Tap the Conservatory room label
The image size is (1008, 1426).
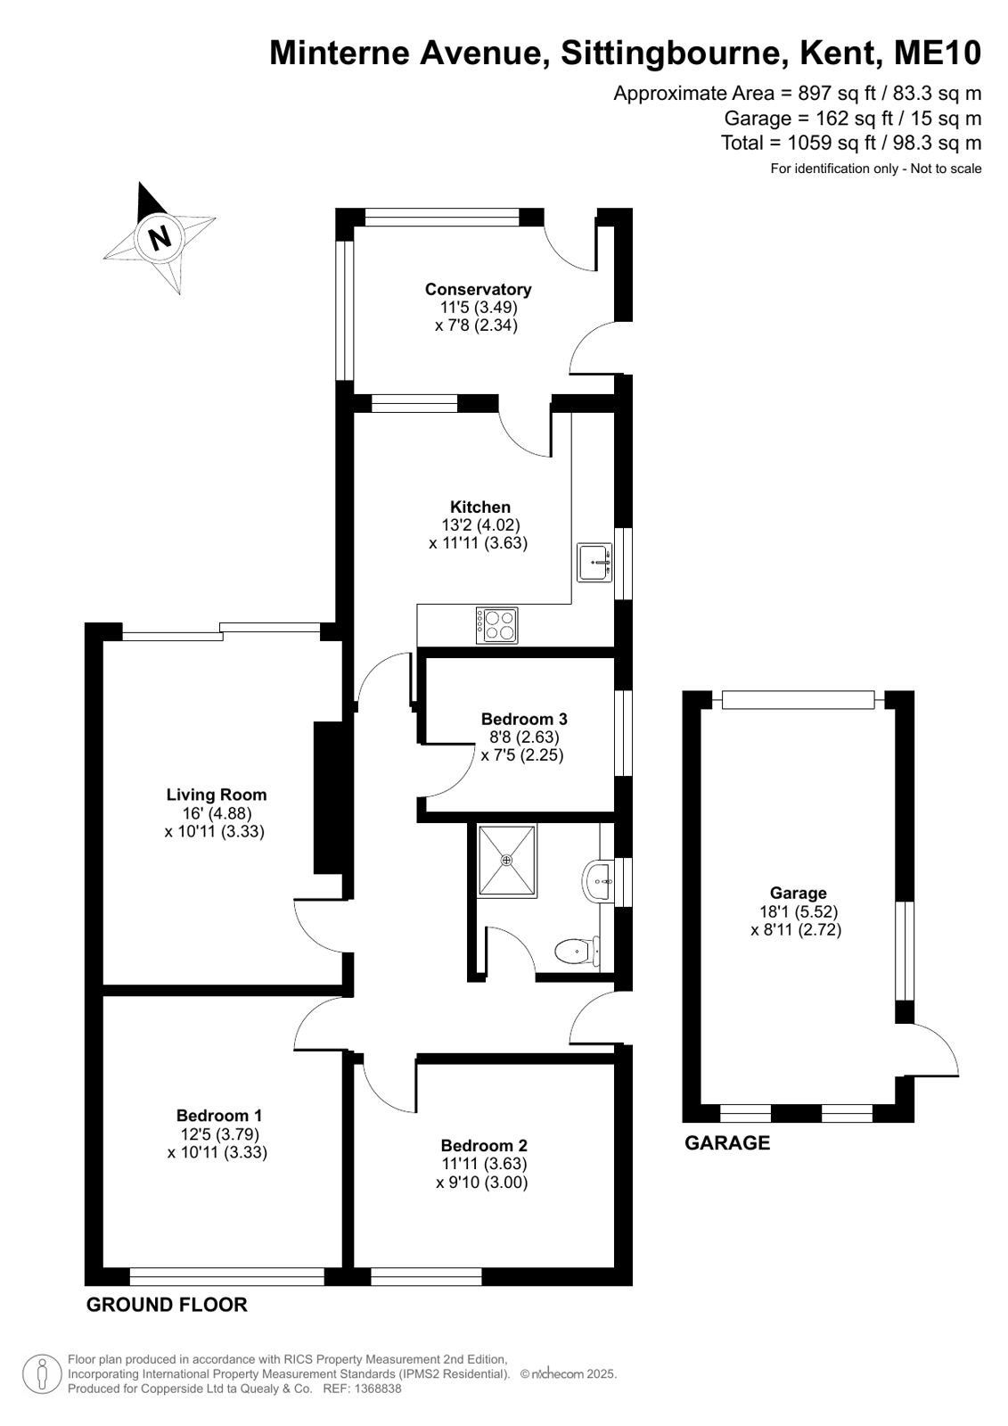(x=478, y=289)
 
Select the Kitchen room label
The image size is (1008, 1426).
(x=479, y=507)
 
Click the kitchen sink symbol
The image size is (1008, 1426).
(x=594, y=562)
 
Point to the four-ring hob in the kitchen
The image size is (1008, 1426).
(x=496, y=625)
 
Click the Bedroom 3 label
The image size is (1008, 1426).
(x=524, y=719)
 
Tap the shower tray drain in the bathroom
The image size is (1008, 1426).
(x=506, y=860)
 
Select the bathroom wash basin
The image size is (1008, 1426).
(x=597, y=881)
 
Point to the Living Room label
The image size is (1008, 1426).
(x=217, y=795)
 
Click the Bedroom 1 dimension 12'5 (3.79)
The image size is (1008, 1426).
(x=219, y=1133)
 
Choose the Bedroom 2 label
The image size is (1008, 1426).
(x=484, y=1145)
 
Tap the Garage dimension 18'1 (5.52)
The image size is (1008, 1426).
(x=799, y=911)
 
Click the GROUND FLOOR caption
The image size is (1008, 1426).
(x=167, y=1305)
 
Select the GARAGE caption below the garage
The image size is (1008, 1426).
(x=727, y=1142)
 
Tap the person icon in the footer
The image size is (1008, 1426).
(x=42, y=1375)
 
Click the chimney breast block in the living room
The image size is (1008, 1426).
(x=329, y=797)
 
